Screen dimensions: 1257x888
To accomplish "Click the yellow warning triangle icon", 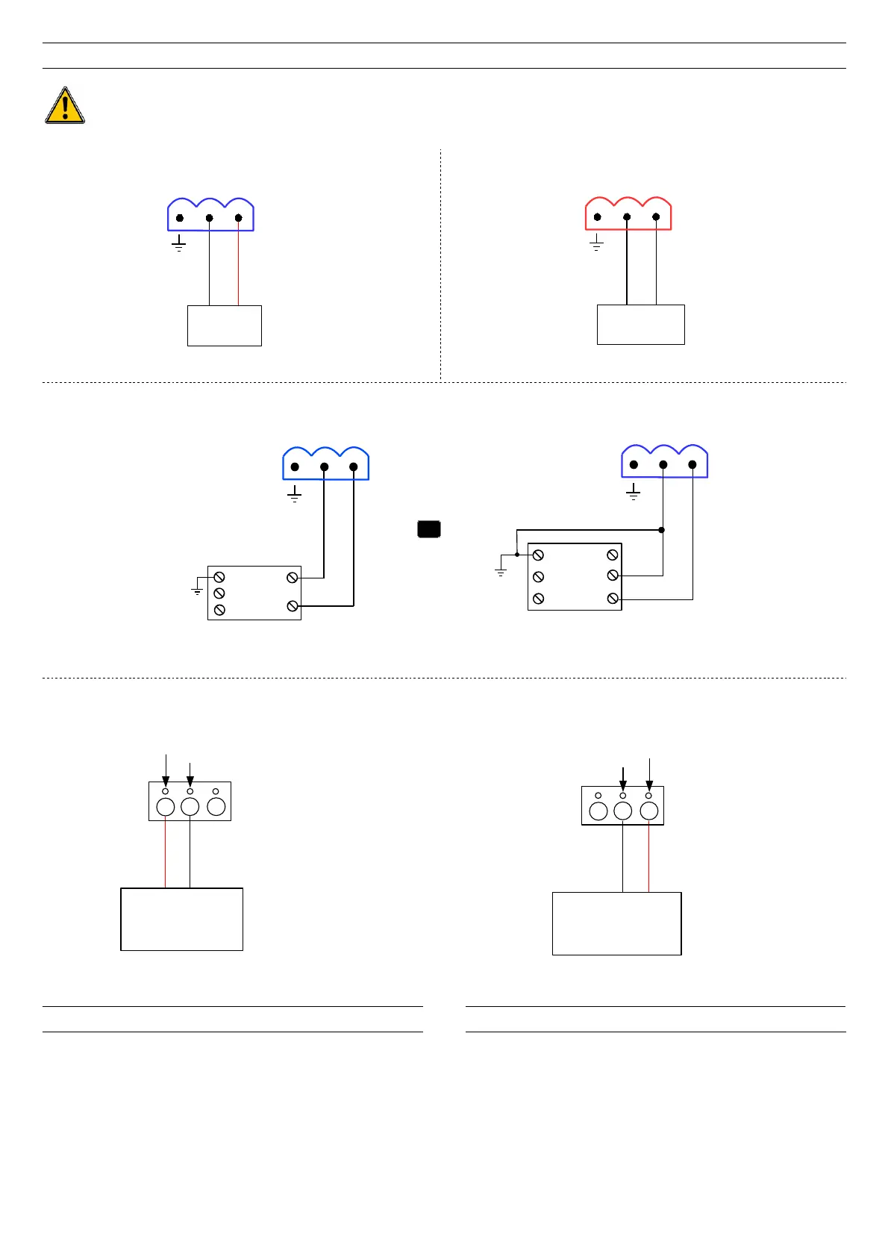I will point(65,105).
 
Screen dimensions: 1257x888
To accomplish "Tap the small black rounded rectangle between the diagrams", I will point(428,529).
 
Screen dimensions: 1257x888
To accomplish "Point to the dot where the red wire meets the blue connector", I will point(238,218).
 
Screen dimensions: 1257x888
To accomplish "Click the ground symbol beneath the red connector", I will point(596,243).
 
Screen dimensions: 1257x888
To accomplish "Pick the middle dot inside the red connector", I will point(627,217).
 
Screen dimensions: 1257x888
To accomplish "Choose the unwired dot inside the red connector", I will point(598,217).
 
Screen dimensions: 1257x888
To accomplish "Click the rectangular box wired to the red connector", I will point(640,325).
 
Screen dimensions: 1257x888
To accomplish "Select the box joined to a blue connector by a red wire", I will point(224,325).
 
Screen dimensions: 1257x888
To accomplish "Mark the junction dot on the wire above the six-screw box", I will point(662,530).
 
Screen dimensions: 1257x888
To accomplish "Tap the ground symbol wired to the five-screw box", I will point(197,590).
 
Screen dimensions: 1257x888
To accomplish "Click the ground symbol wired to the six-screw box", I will point(501,572).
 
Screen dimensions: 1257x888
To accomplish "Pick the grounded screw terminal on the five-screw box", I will point(219,578).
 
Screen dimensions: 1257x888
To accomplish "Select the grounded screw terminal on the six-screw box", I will point(538,555).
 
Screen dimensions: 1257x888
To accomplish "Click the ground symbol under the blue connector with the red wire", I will point(179,244).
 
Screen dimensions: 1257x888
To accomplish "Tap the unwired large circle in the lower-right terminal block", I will point(598,811).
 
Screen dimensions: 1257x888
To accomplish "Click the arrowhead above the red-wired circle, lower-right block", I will point(649,786).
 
